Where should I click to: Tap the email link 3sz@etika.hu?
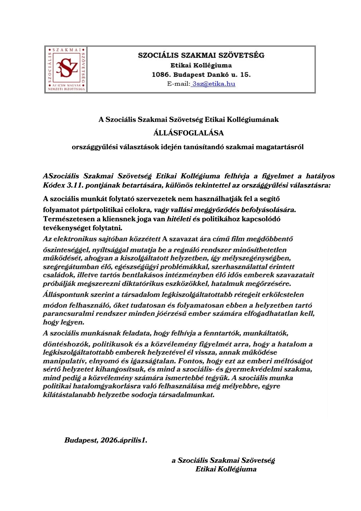(214, 84)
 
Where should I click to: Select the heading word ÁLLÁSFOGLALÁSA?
(188, 133)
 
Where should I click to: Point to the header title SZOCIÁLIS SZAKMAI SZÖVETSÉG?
(201, 55)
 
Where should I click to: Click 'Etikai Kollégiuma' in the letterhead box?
(201, 65)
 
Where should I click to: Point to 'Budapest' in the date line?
(81, 440)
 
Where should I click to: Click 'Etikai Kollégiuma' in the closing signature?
(226, 469)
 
